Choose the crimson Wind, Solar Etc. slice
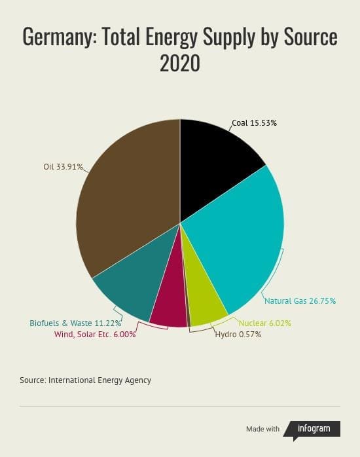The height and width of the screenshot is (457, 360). pyautogui.click(x=170, y=303)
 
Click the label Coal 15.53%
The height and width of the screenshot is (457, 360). pyautogui.click(x=254, y=123)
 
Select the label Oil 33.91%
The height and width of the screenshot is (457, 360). pyautogui.click(x=63, y=167)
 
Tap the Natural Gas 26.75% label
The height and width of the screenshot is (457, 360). pyautogui.click(x=300, y=301)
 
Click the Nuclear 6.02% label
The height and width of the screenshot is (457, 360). pyautogui.click(x=265, y=323)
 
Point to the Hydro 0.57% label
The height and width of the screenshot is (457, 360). pyautogui.click(x=238, y=335)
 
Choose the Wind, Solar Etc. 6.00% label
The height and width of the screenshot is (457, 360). pyautogui.click(x=95, y=335)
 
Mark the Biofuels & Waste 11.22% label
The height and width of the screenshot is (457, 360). pyautogui.click(x=75, y=323)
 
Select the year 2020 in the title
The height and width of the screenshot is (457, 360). pyautogui.click(x=180, y=63)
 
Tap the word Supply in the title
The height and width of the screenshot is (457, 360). pyautogui.click(x=229, y=37)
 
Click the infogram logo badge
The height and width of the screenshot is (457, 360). pyautogui.click(x=312, y=430)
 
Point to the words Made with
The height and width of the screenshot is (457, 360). pyautogui.click(x=262, y=429)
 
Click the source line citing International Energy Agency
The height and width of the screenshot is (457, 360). pyautogui.click(x=85, y=380)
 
